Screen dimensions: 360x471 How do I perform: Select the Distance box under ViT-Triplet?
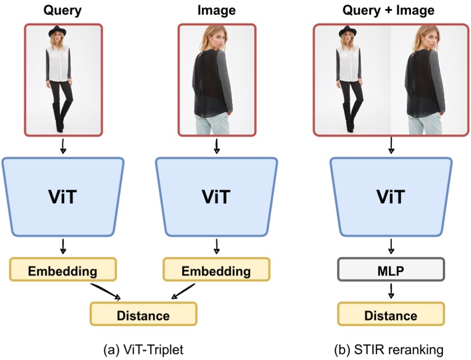(143, 315)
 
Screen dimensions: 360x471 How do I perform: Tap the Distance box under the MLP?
(391, 315)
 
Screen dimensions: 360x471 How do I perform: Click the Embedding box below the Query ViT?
(63, 271)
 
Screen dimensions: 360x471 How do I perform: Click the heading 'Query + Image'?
(391, 10)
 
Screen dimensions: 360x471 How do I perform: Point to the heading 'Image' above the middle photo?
(216, 10)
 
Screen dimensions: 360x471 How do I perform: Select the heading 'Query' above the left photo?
(63, 10)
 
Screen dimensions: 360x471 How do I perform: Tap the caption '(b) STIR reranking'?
(391, 349)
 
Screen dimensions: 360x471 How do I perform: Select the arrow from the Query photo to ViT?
(63, 147)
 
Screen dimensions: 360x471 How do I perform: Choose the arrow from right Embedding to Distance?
(183, 291)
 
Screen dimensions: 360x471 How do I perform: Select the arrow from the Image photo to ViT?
(216, 147)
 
